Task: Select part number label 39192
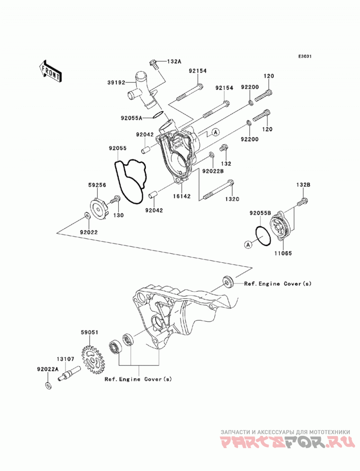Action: click(x=116, y=82)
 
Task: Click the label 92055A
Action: click(x=131, y=118)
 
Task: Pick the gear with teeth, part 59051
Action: click(x=92, y=359)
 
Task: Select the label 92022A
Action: click(x=48, y=369)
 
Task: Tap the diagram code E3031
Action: click(x=305, y=56)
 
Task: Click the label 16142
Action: click(x=181, y=196)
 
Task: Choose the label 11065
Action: click(x=283, y=253)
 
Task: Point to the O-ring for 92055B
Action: click(x=263, y=236)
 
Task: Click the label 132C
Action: click(x=232, y=199)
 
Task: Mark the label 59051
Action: click(x=89, y=332)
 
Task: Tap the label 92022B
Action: click(x=213, y=171)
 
